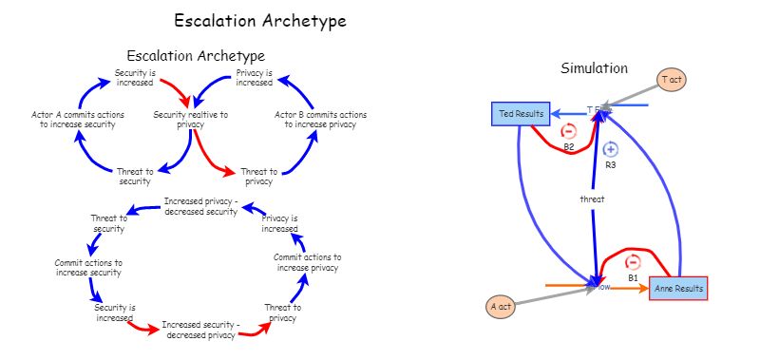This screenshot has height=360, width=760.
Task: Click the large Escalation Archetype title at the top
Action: (x=259, y=20)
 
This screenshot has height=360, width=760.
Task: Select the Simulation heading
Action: (x=594, y=68)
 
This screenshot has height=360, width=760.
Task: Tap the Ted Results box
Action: (x=522, y=114)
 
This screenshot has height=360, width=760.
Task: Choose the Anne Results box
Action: (x=679, y=288)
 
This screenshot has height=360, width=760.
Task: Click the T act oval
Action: (x=672, y=80)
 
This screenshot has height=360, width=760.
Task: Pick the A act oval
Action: (x=502, y=307)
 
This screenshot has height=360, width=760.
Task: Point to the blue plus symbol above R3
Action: (x=611, y=149)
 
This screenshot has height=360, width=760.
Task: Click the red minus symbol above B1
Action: (x=633, y=262)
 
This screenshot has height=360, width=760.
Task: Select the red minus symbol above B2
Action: (x=569, y=132)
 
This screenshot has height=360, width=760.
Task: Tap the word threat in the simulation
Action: (x=593, y=199)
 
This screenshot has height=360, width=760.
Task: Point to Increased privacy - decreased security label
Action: (x=199, y=206)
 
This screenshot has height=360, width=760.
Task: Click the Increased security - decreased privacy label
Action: (x=200, y=330)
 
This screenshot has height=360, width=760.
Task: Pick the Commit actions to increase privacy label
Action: (x=307, y=262)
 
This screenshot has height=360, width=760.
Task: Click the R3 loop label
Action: (x=611, y=164)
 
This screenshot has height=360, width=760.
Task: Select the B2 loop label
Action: (x=569, y=147)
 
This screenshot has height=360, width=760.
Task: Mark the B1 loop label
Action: (x=633, y=277)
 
